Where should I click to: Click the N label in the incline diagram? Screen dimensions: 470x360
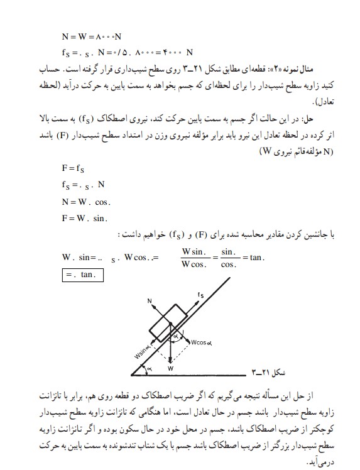pyautogui.click(x=150, y=301)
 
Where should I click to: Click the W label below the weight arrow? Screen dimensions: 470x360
pyautogui.click(x=171, y=368)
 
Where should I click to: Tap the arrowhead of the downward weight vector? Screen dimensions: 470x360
pyautogui.click(x=171, y=360)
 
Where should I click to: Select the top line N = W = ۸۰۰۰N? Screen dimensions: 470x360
pyautogui.click(x=90, y=37)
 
